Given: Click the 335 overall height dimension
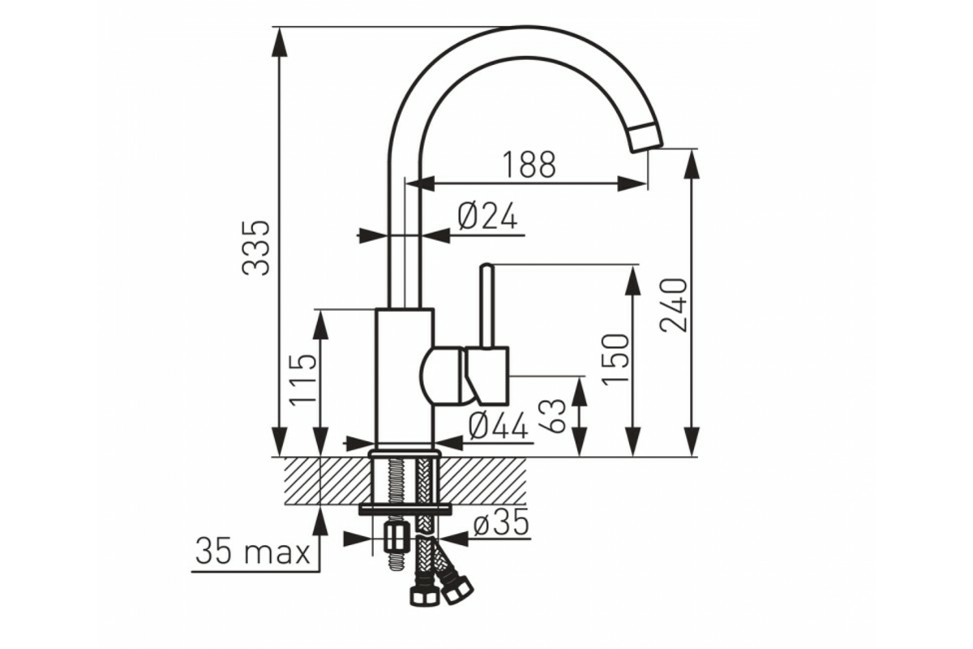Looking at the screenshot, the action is click(x=256, y=248).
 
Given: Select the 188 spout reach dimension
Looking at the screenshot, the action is click(x=529, y=165).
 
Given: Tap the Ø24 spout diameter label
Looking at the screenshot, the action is click(x=488, y=216).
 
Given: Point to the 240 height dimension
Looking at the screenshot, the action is click(x=673, y=305).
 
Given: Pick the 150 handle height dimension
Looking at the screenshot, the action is click(x=615, y=359).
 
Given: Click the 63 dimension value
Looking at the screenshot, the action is click(x=552, y=416).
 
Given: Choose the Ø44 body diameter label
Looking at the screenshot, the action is click(x=499, y=425).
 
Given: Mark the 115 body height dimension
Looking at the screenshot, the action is click(x=302, y=380).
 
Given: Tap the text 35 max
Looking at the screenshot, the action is click(x=252, y=551).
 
